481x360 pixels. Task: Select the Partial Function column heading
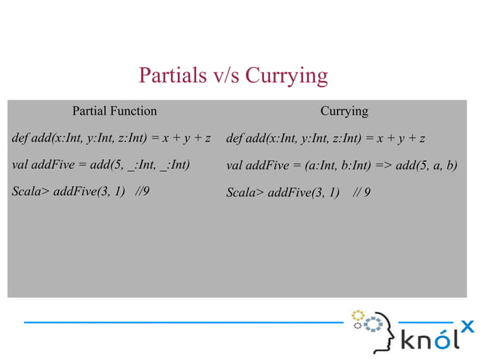[x=115, y=111]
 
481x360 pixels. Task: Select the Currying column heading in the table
[x=344, y=111]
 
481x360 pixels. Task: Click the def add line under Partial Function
[x=111, y=139]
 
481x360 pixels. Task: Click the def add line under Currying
[x=326, y=139]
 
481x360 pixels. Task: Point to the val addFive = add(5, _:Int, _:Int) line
[x=101, y=164]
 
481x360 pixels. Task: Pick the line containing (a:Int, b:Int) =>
[x=342, y=165]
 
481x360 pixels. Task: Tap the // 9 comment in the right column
[x=361, y=192]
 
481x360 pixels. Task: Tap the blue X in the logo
[x=467, y=326]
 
